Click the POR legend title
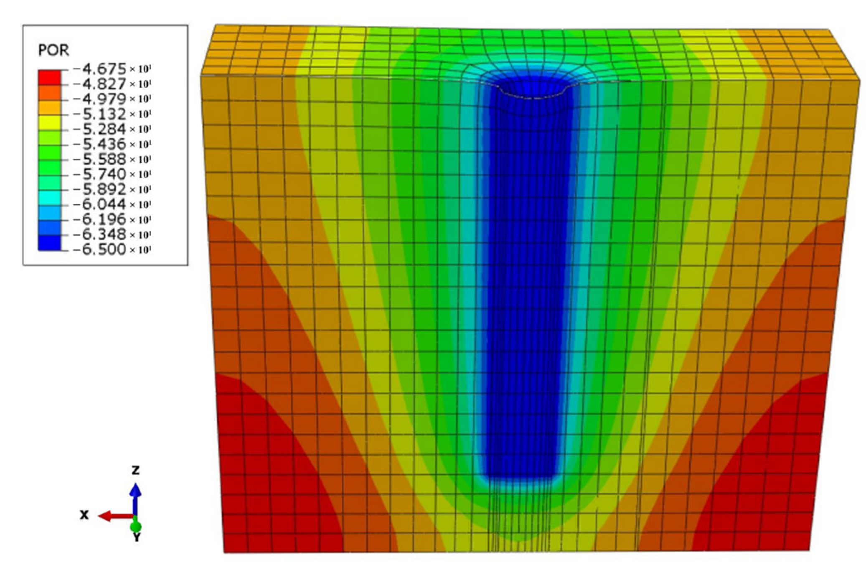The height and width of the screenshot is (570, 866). (53, 50)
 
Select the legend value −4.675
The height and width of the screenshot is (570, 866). (99, 69)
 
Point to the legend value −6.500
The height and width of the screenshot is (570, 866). (99, 249)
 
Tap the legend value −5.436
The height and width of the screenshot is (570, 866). (99, 144)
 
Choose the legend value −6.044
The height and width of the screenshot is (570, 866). (99, 204)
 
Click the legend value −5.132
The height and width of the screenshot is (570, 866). (99, 114)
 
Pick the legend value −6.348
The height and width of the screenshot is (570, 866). (99, 234)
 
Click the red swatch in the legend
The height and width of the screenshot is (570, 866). (49, 78)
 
